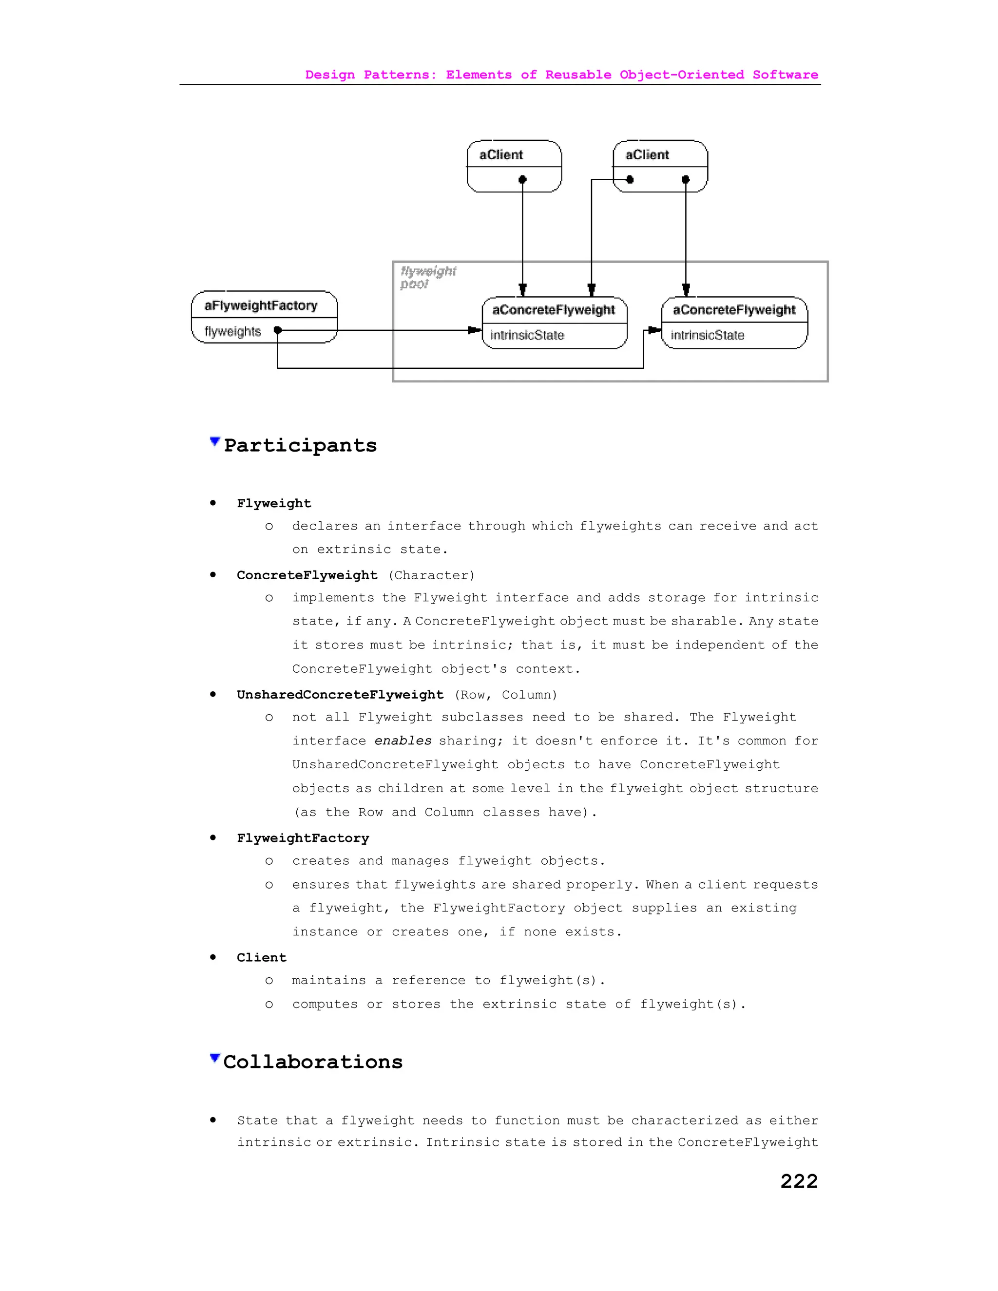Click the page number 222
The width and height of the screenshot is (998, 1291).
[x=799, y=1181]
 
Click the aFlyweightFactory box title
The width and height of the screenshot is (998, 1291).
[x=261, y=305]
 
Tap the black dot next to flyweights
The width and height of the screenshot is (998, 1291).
[x=278, y=330]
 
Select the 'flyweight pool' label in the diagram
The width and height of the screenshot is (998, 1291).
[x=427, y=277]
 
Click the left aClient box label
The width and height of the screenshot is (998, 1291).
[x=501, y=155]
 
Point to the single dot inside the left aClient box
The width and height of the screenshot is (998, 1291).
[x=522, y=180]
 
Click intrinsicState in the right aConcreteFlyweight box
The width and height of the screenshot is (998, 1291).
[x=707, y=335]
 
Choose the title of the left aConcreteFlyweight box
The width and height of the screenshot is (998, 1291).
[x=554, y=310]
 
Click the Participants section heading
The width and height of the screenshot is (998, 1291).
[x=300, y=445]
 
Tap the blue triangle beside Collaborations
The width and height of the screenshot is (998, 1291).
[x=214, y=1058]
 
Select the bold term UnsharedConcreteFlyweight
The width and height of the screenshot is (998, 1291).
[x=340, y=695]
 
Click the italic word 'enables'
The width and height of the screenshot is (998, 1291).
[x=403, y=740]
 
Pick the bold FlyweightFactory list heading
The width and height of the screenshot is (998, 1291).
[x=303, y=838]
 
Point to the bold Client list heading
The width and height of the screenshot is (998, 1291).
[x=261, y=958]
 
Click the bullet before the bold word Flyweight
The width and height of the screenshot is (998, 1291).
[x=213, y=503]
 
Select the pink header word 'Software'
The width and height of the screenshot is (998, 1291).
[x=785, y=75]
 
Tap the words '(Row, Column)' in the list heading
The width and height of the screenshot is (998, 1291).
[x=505, y=695]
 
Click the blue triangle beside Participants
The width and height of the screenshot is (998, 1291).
[x=214, y=441]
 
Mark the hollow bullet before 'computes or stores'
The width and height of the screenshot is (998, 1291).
[x=269, y=1005]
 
